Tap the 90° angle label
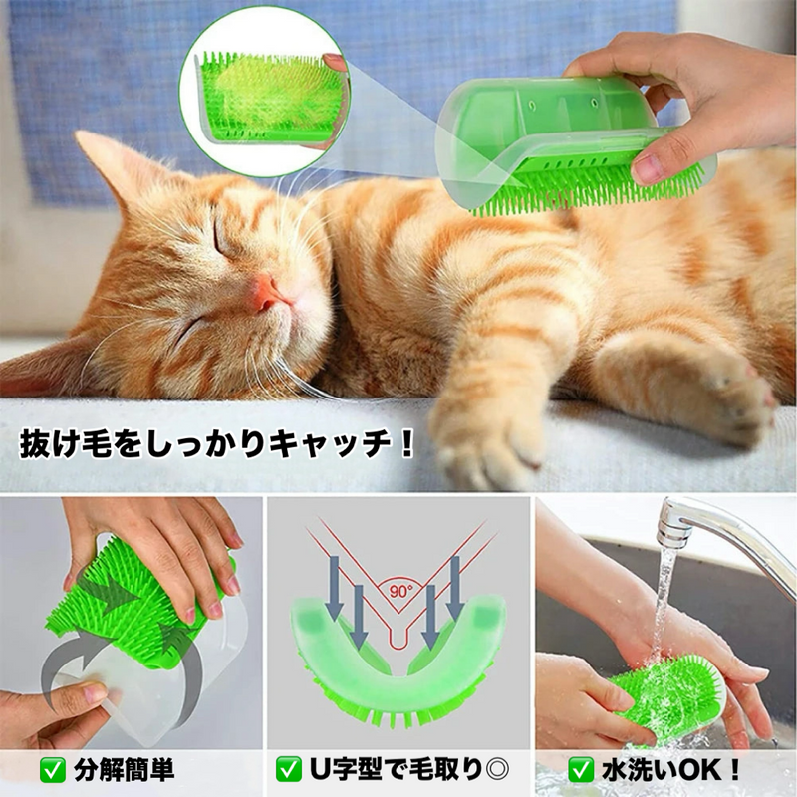pyautogui.click(x=401, y=592)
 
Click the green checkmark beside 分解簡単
pyautogui.click(x=53, y=770)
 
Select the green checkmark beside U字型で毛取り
pyautogui.click(x=289, y=770)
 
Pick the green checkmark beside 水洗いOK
pyautogui.click(x=581, y=770)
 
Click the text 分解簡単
pyautogui.click(x=125, y=770)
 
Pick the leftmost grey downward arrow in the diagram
pyautogui.click(x=334, y=587)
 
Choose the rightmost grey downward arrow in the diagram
pyautogui.click(x=455, y=587)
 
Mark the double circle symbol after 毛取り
pyautogui.click(x=497, y=770)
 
